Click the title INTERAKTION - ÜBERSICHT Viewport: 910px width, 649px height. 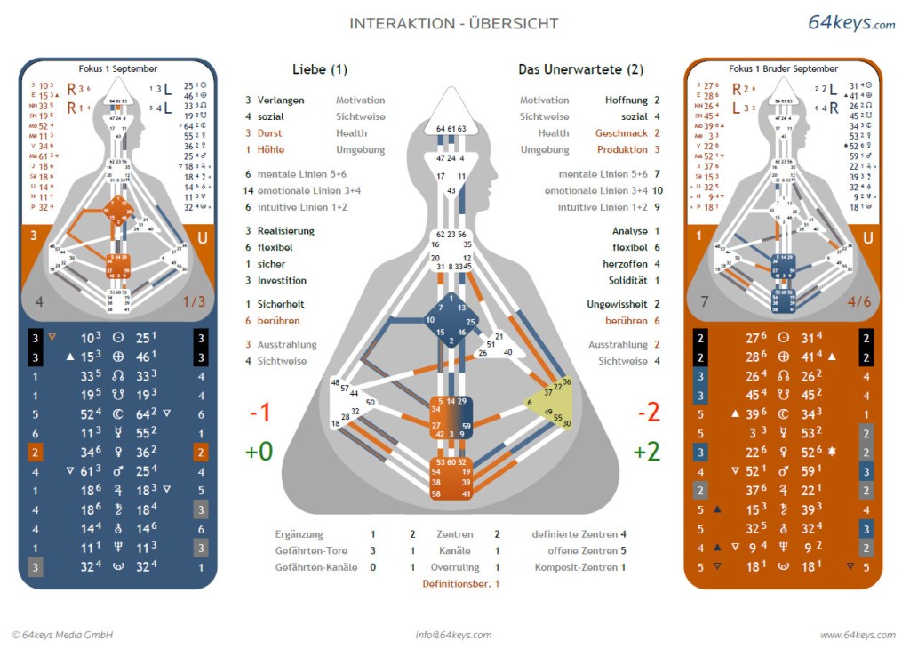(x=453, y=23)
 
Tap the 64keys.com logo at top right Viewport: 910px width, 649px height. (x=850, y=23)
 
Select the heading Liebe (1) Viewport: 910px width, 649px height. (x=320, y=69)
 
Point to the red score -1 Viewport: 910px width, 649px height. (x=259, y=413)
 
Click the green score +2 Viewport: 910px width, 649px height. (x=646, y=451)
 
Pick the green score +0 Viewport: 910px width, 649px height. (x=259, y=451)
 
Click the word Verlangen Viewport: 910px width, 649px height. (x=281, y=100)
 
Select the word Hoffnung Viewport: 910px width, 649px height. (x=627, y=100)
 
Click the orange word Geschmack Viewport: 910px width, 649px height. (x=621, y=133)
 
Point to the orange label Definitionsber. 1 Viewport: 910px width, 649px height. (x=460, y=583)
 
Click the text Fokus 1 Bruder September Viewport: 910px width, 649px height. (x=783, y=68)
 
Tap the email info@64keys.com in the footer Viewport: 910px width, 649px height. (x=453, y=635)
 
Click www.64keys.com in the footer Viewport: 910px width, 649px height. (x=857, y=635)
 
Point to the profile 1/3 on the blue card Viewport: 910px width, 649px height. (x=193, y=302)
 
